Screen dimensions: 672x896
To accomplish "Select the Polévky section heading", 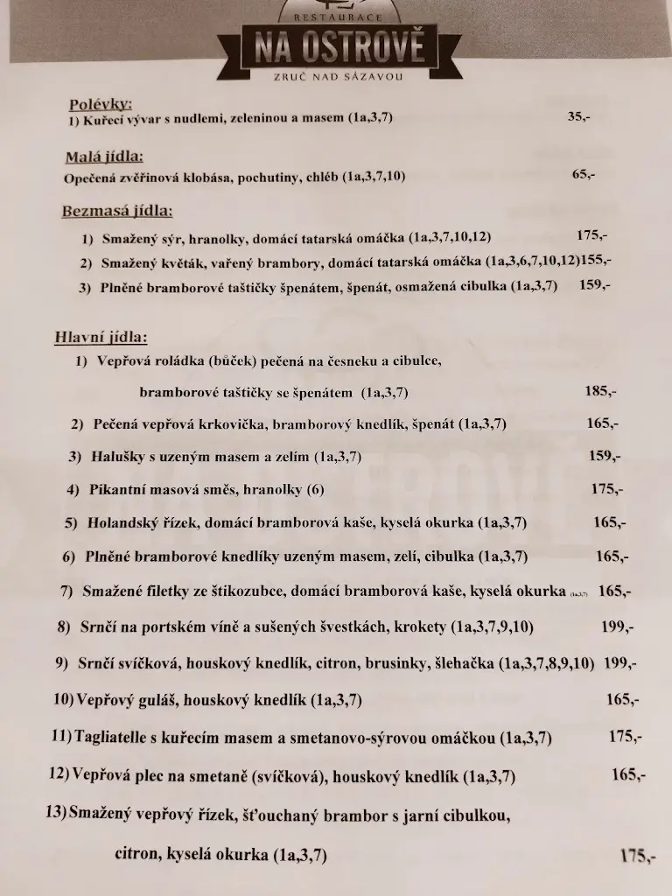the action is coord(100,104).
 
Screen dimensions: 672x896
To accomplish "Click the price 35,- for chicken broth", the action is coord(578,115).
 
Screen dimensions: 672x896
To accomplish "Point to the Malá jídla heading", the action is coord(103,157).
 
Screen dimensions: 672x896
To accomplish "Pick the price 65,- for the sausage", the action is coord(584,174).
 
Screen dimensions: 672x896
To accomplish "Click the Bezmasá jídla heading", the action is coord(116,211).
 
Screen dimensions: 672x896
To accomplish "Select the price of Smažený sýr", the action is coord(591,235).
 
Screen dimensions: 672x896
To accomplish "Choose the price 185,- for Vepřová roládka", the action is coord(600,391).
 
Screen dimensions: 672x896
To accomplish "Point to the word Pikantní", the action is coord(120,488).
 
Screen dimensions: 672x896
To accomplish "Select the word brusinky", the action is coord(398,663).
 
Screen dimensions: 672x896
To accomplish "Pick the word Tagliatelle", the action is coord(117,738).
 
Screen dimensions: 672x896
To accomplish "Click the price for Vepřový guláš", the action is coord(622,699).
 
